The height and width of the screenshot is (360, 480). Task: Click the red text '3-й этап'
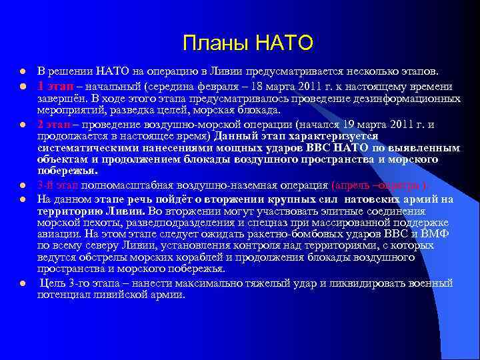coord(54,184)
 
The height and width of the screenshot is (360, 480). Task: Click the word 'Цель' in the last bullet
coord(53,283)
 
